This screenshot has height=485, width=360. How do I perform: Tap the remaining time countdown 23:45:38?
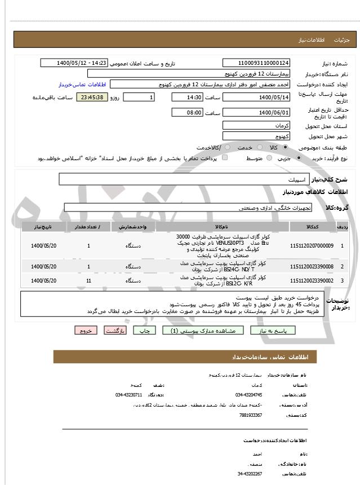[x=91, y=98]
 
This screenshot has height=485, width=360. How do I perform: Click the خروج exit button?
[x=86, y=330]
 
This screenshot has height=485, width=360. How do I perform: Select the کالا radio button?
[x=285, y=147]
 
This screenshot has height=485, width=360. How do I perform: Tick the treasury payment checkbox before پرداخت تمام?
[x=225, y=158]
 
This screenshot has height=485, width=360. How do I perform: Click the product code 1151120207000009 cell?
[x=312, y=246]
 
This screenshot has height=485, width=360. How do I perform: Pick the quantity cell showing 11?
[x=89, y=280]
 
